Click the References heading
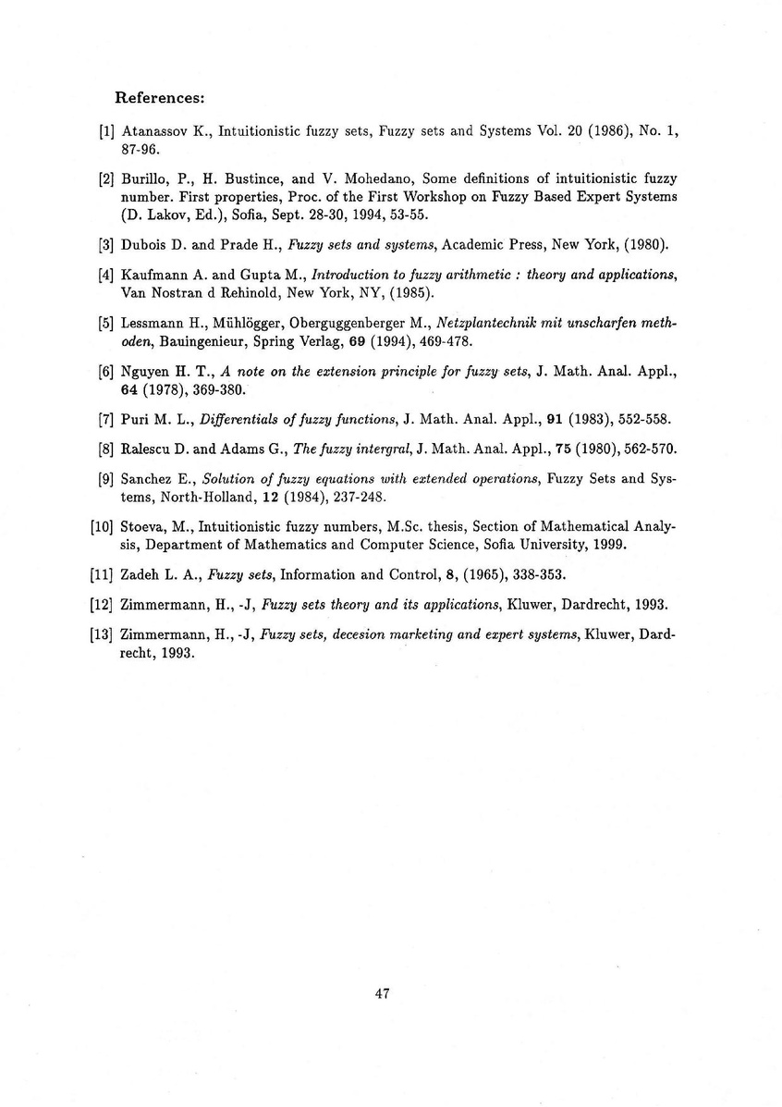(159, 97)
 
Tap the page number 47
(383, 995)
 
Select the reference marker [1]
(105, 132)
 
